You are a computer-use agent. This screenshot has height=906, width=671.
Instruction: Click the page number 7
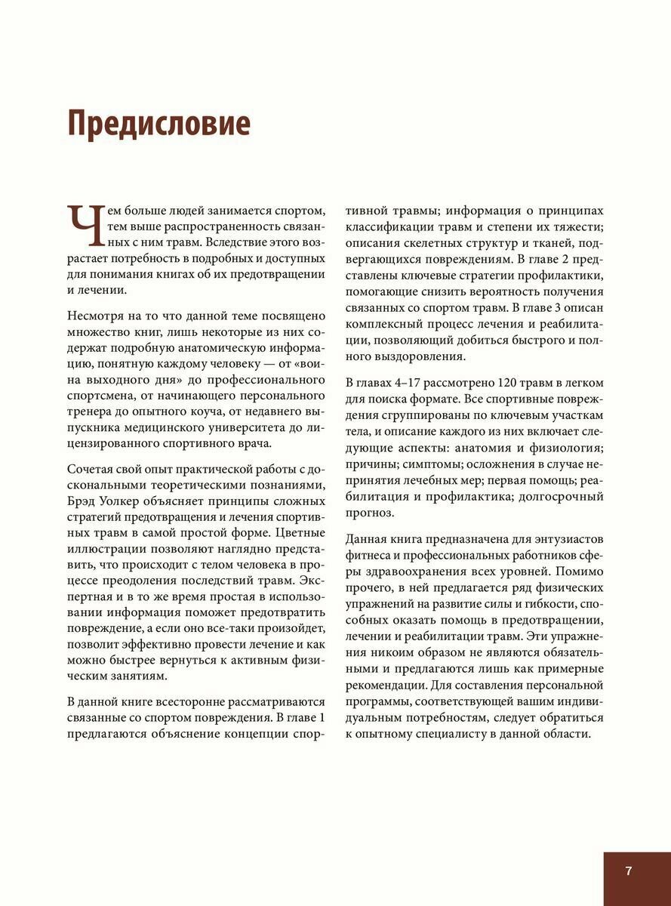tap(629, 870)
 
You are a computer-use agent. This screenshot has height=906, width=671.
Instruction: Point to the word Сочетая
tap(92, 469)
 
